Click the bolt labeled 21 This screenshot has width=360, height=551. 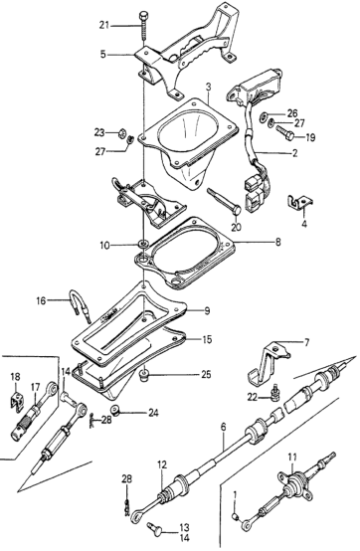coord(143,25)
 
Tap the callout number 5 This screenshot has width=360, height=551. coord(102,55)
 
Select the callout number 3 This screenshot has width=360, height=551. coord(208,88)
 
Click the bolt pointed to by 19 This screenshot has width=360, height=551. coord(284,134)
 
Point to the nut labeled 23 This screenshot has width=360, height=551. coord(120,133)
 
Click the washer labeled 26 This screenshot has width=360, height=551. coord(264,116)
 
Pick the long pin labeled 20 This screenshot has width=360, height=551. coord(224,201)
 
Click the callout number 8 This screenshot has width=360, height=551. coord(277,242)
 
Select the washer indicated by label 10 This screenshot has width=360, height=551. coord(143,243)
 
